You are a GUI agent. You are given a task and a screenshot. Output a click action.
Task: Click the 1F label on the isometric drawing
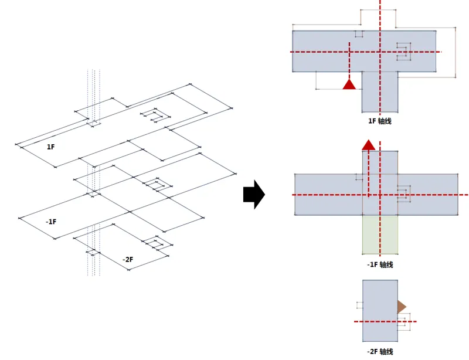(x=51, y=146)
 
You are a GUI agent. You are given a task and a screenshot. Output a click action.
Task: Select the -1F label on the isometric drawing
(x=51, y=222)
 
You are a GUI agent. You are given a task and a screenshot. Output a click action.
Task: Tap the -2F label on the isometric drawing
(x=127, y=259)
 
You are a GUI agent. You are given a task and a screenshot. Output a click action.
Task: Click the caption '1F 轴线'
(x=379, y=121)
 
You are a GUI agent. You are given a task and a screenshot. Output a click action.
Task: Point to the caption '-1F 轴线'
(x=379, y=264)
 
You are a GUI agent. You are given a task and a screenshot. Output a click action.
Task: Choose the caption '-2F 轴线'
(x=379, y=351)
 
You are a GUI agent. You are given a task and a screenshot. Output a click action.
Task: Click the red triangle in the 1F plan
(x=349, y=84)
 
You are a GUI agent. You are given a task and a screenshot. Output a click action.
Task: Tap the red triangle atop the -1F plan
(x=368, y=145)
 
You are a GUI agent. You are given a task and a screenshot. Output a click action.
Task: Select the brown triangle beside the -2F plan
(x=401, y=307)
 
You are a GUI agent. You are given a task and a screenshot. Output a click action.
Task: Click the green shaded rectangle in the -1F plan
(x=380, y=235)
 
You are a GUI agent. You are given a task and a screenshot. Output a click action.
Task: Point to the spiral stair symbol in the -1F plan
(x=404, y=193)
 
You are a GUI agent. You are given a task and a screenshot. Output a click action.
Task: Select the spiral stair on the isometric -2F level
(x=157, y=243)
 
